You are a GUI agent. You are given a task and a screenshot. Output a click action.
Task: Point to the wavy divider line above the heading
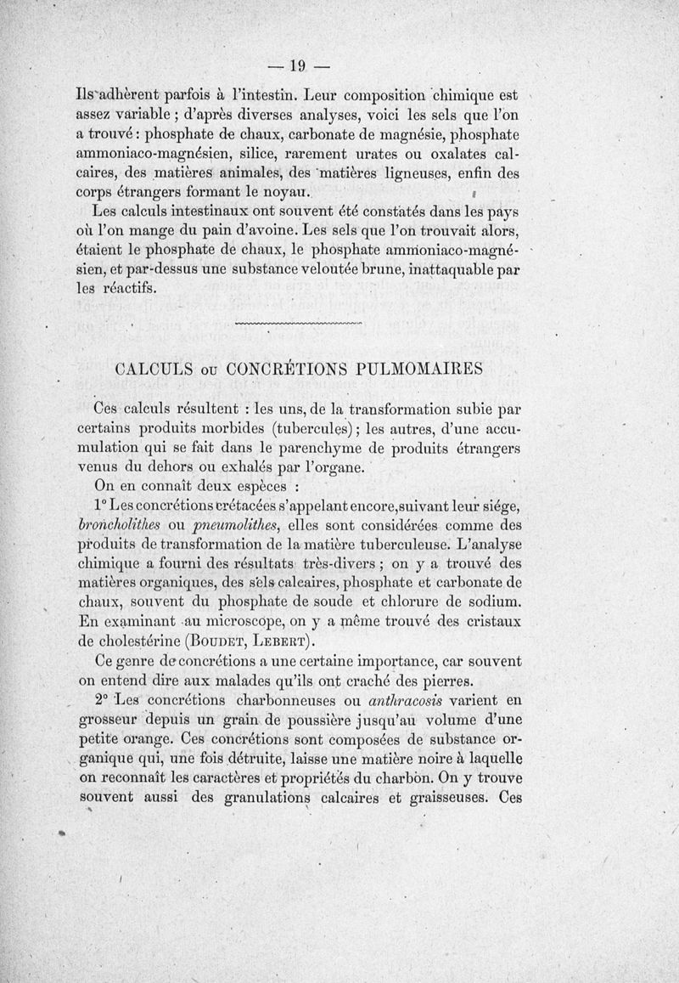296,324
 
